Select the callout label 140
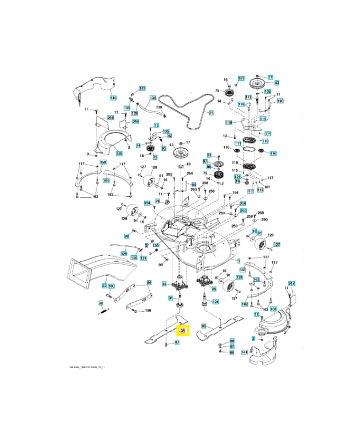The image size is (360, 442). pyautogui.click(x=114, y=98)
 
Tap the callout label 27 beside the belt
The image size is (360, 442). pyautogui.click(x=210, y=113)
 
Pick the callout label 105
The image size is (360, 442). pyautogui.click(x=119, y=153)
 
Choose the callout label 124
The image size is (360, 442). pyautogui.click(x=216, y=302)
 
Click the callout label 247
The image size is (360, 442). pyautogui.click(x=292, y=283)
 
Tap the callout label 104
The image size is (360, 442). pyautogui.click(x=273, y=309)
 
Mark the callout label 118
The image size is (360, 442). pyautogui.click(x=229, y=122)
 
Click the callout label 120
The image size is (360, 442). pyautogui.click(x=280, y=101)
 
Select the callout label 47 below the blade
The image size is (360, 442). pyautogui.click(x=177, y=343)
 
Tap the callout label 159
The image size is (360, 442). pyautogui.click(x=103, y=162)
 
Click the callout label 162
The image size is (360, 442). pyautogui.click(x=245, y=304)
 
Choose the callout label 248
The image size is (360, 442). pyautogui.click(x=110, y=118)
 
